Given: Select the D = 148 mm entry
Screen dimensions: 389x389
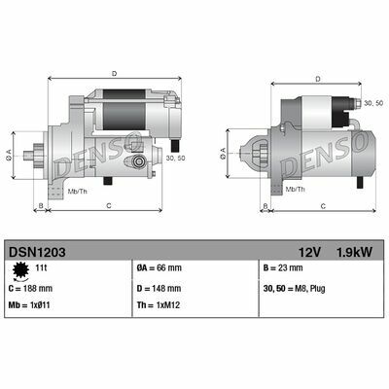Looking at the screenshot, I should click(163, 288).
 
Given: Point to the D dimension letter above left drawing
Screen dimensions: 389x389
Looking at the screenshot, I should click(114, 73).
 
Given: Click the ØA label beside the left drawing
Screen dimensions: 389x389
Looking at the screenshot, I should click(9, 153).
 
